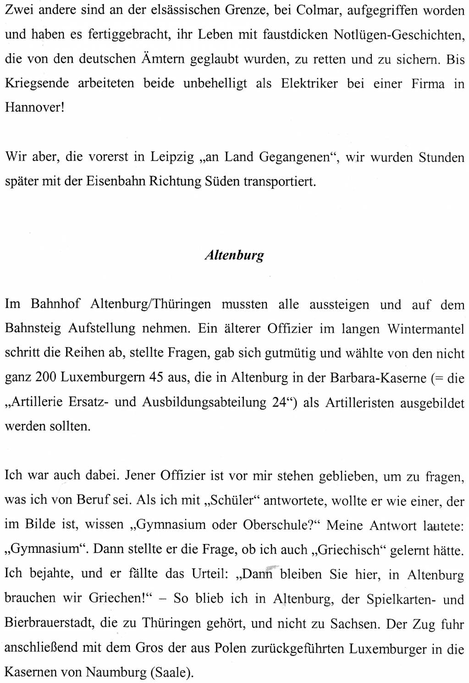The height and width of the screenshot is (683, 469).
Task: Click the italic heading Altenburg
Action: (x=234, y=255)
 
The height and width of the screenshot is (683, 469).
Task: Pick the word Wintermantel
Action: (x=425, y=329)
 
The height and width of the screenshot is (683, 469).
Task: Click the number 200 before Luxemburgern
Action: (x=46, y=378)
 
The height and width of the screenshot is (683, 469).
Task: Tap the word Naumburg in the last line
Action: (x=116, y=672)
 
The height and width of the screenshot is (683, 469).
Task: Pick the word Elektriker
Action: (x=309, y=83)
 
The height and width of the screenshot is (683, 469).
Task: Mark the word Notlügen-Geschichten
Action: (x=398, y=35)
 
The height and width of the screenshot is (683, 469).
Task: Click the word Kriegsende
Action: (x=37, y=83)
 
